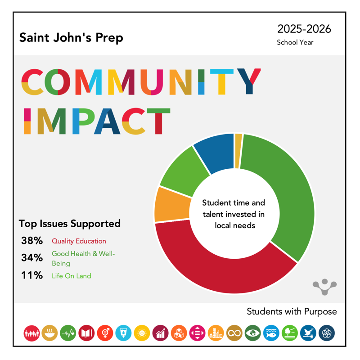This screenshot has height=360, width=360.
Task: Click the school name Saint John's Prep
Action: click(71, 38)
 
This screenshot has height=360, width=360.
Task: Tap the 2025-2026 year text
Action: click(304, 29)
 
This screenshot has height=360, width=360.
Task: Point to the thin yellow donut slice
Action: click(238, 151)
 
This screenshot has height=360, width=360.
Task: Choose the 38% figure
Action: click(31, 241)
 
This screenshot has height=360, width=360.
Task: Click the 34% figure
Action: click(31, 258)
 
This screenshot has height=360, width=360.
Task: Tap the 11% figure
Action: click(31, 275)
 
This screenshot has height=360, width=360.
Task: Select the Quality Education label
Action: click(79, 241)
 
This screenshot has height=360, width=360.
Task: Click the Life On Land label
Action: click(71, 276)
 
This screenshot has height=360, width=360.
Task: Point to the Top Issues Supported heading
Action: click(70, 224)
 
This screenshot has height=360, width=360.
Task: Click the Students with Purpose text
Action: click(292, 312)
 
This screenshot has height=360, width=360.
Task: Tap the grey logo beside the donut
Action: click(324, 286)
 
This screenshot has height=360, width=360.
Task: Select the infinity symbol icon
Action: click(234, 333)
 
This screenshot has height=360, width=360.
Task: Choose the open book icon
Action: click(86, 333)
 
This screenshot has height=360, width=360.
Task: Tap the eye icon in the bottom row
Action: click(253, 333)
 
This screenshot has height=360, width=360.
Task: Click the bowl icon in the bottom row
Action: click(49, 333)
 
